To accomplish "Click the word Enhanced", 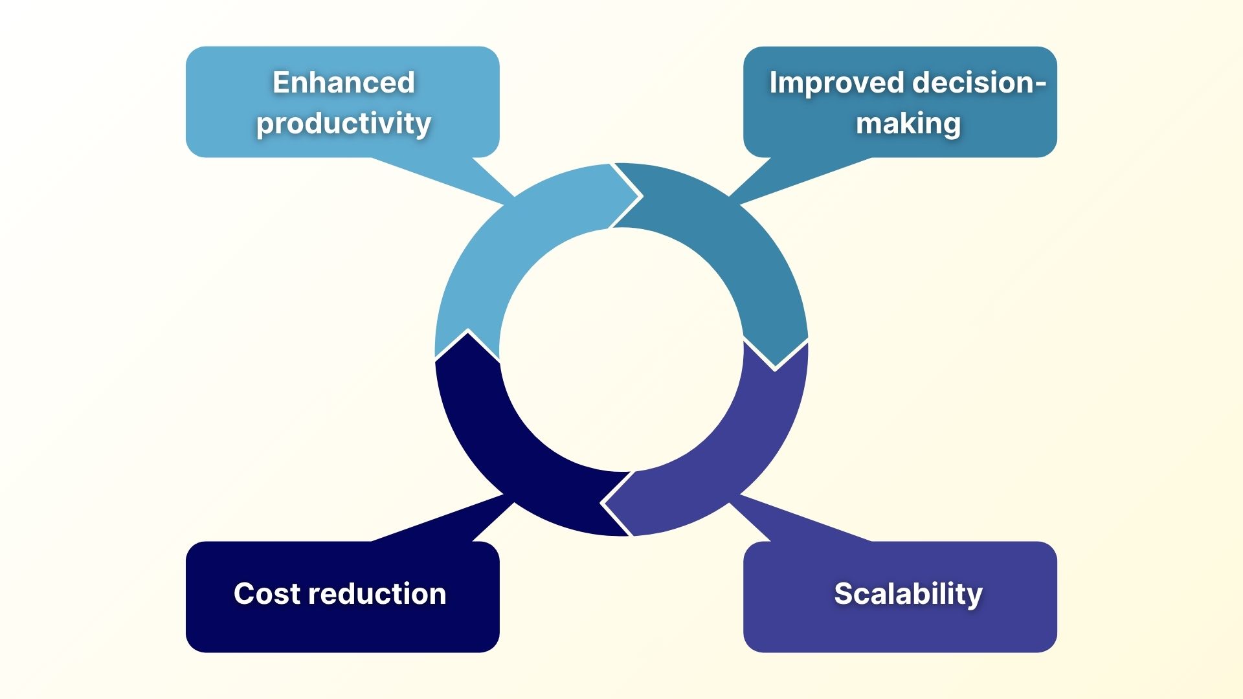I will [343, 82].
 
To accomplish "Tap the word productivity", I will [343, 123].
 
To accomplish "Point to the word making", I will [908, 123].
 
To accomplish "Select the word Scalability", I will [908, 594].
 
